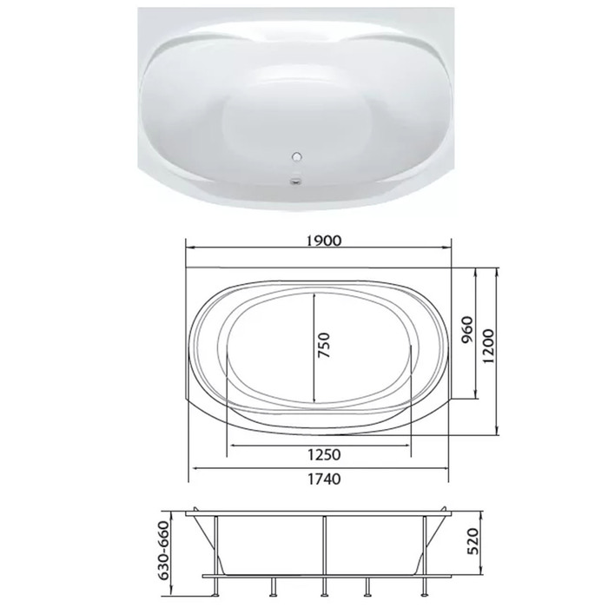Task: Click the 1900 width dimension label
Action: click(324, 241)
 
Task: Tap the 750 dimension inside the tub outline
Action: click(323, 345)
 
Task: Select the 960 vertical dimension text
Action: click(468, 329)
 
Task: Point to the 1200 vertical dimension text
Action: click(489, 346)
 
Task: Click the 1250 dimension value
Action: click(324, 454)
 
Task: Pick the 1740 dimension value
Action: click(324, 479)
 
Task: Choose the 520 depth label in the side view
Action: click(473, 541)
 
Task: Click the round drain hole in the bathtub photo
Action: click(297, 157)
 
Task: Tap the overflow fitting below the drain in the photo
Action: click(297, 180)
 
